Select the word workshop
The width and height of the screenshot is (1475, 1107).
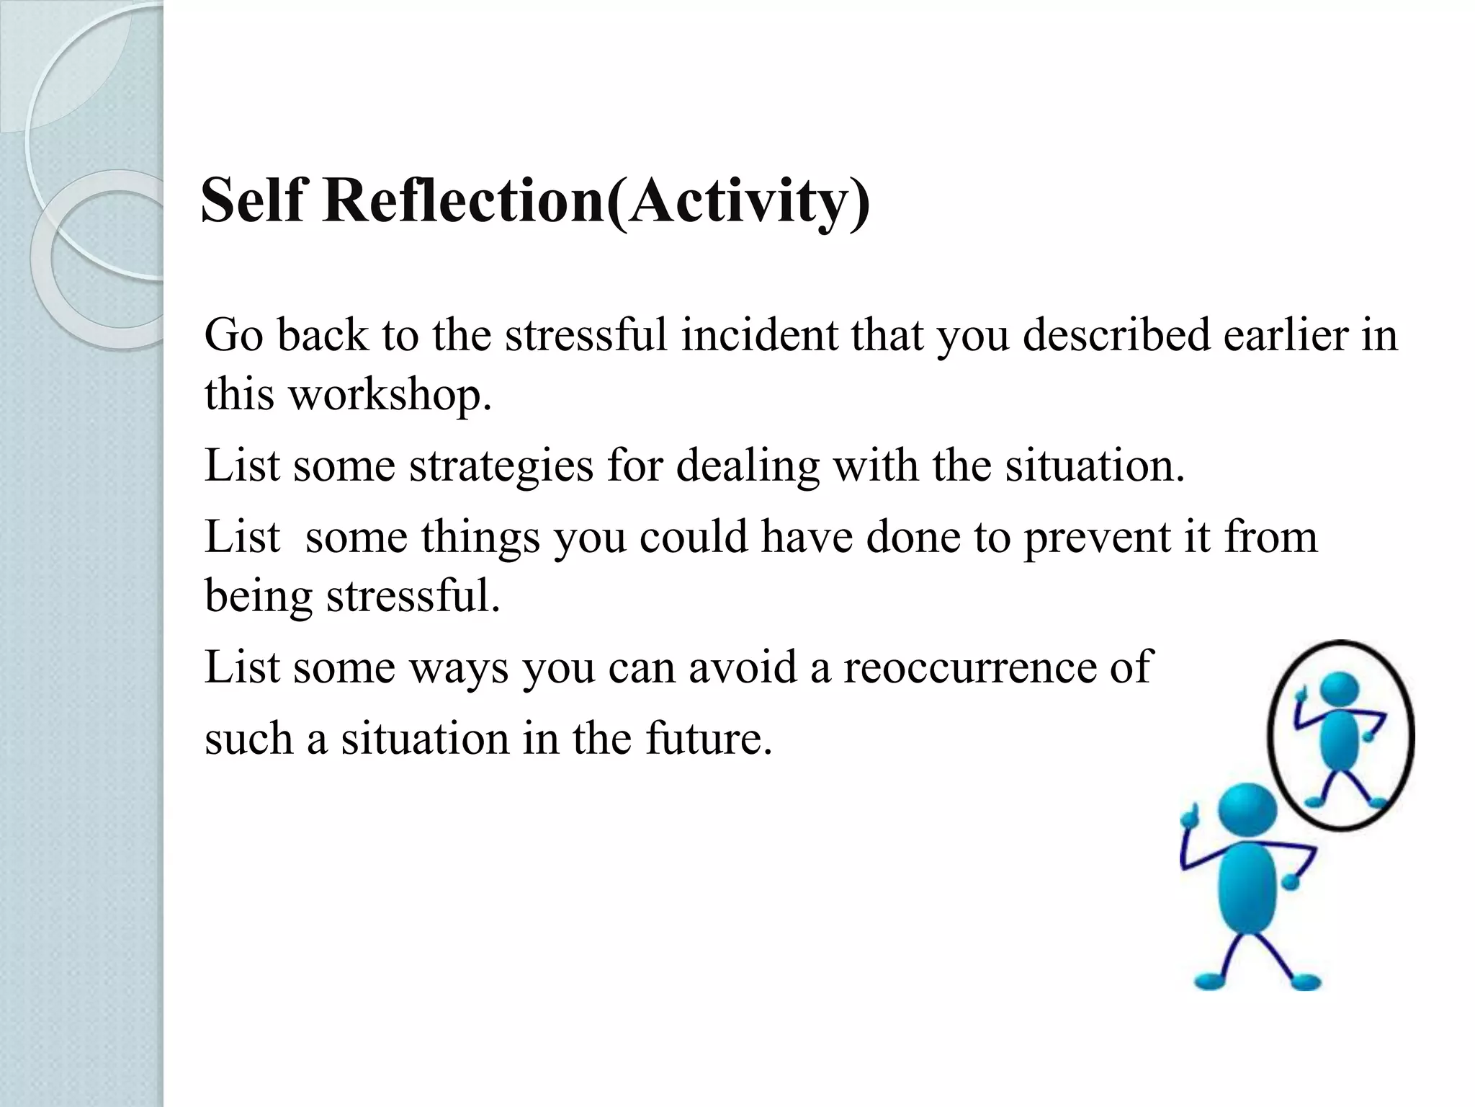click(x=390, y=396)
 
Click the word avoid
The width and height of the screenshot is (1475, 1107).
click(x=743, y=667)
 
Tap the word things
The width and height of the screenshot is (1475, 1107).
click(x=480, y=538)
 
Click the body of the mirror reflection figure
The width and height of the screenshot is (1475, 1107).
click(x=1340, y=742)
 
